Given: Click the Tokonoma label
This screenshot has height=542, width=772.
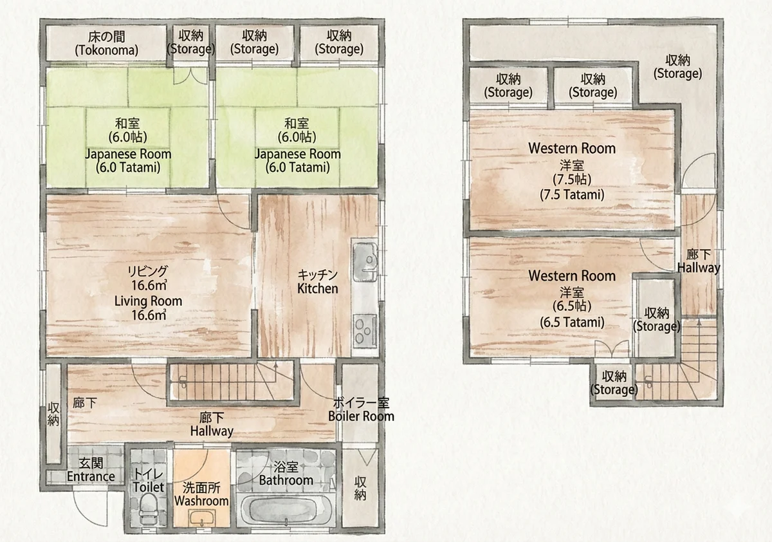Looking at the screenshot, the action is (107, 50).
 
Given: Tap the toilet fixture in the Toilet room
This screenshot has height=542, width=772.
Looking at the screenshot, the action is (148, 509).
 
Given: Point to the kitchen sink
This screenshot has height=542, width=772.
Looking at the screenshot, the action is (365, 262).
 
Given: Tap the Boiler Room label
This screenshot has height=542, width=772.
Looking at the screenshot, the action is (361, 416).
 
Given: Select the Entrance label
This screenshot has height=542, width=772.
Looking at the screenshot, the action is (91, 476).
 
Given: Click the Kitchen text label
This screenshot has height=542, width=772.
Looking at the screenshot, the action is (317, 288).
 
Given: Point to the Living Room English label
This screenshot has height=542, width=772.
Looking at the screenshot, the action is (148, 301).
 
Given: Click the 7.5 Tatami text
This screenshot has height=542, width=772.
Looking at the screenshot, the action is (572, 195).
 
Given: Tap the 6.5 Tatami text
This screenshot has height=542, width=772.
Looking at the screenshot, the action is (572, 322).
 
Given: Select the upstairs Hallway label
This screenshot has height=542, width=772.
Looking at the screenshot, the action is (699, 268).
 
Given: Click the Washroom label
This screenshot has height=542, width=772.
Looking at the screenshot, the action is (201, 501).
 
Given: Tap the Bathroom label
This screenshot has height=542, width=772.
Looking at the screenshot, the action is (286, 480).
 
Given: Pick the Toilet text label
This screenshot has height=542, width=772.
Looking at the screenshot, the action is (148, 487).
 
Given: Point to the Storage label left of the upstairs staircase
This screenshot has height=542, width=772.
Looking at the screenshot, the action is (614, 389).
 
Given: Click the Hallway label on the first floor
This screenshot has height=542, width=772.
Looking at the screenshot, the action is (212, 431).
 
